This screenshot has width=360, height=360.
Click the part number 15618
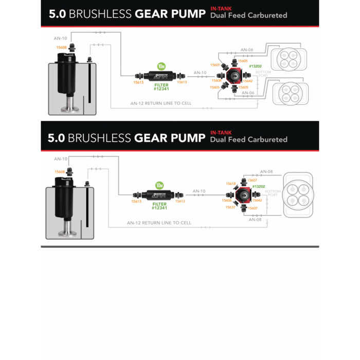coord(230,184)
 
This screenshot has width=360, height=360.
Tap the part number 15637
coord(230,208)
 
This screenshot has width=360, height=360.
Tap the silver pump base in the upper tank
coord(68,109)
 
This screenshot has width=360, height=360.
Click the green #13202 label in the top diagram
coord(256,66)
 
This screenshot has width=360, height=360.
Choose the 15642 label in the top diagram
coord(248,81)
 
